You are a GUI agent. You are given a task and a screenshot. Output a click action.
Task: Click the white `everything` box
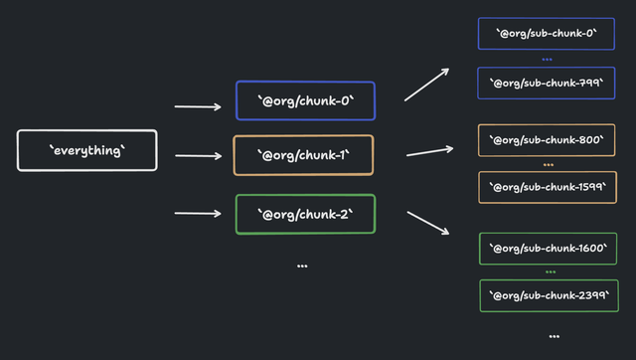tap(87, 150)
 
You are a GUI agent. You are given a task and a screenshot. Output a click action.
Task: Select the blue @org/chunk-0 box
tap(305, 100)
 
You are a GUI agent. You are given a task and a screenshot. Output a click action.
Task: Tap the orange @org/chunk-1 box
tap(303, 155)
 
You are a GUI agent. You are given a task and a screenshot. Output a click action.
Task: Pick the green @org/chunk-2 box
tap(305, 214)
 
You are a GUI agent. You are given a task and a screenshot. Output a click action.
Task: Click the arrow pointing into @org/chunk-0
tap(198, 106)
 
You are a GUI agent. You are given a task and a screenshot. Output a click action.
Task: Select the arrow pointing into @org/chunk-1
tap(198, 155)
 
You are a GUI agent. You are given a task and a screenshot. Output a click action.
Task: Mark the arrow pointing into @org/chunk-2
tap(198, 213)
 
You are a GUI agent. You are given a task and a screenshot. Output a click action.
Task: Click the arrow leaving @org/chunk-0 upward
tap(427, 85)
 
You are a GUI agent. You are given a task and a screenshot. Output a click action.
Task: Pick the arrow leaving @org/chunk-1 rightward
tap(429, 152)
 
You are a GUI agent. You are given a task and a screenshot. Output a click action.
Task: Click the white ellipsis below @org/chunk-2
tap(302, 266)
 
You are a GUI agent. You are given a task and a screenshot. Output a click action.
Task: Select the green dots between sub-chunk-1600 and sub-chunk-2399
tap(550, 271)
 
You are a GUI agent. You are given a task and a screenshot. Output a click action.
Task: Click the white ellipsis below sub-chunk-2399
tap(554, 336)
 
